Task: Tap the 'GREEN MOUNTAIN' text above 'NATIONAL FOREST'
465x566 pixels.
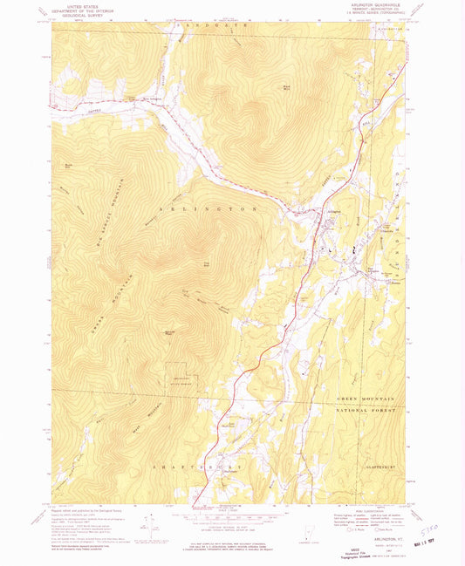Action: (366, 398)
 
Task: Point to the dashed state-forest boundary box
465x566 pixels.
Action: (184, 375)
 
